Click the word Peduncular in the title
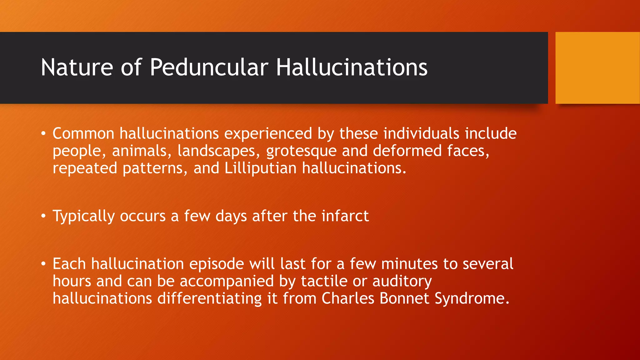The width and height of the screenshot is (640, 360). tap(209, 67)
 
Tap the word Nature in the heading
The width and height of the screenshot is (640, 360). tap(77, 67)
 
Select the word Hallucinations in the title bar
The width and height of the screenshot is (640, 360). tap(352, 67)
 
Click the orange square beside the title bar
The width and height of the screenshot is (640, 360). tap(597, 68)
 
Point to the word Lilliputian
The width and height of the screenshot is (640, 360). tap(260, 168)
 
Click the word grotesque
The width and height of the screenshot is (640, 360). tap(301, 151)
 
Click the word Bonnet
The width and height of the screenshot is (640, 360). tap(404, 298)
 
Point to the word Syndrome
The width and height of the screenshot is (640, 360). tap(472, 299)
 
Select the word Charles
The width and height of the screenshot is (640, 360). tap(348, 298)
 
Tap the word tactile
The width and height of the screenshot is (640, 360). tap(324, 281)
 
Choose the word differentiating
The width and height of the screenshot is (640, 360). tap(209, 299)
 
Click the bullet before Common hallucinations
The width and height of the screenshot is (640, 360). tap(43, 134)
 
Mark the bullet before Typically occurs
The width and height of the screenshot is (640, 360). tap(43, 216)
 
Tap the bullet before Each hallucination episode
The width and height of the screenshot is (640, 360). tap(43, 264)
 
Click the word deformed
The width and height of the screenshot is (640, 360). tap(407, 151)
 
